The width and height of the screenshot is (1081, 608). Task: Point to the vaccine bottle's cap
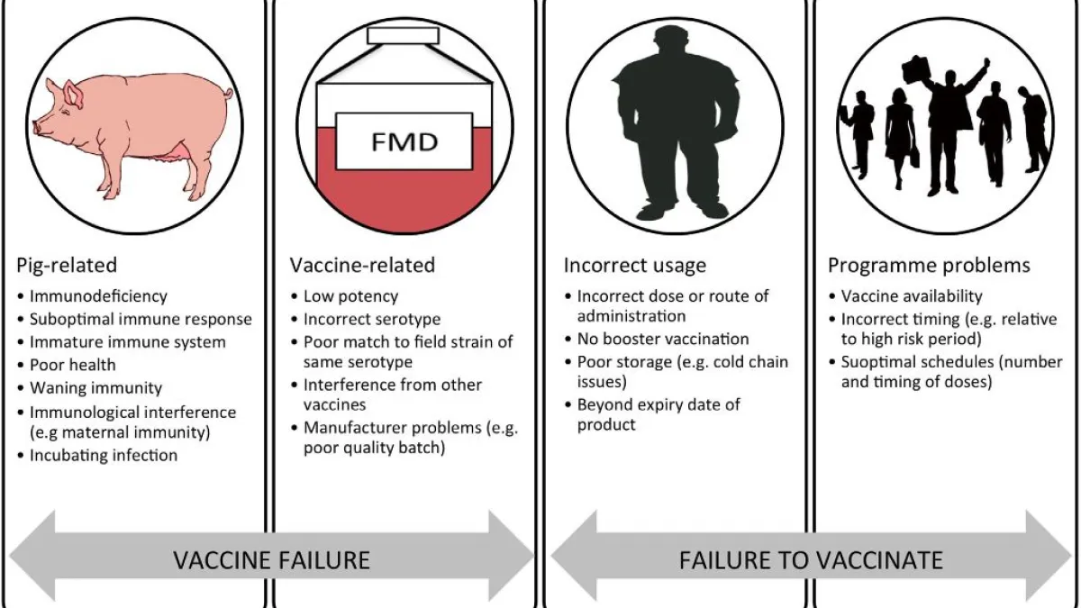point(403,35)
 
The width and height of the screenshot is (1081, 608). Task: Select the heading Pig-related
point(67,265)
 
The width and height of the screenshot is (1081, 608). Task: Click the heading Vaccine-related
point(362,265)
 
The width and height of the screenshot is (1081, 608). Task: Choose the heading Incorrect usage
point(635,265)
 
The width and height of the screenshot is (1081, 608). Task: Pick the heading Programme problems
point(929,265)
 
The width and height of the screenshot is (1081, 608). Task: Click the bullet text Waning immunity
point(95,388)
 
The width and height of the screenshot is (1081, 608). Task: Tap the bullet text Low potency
point(350,295)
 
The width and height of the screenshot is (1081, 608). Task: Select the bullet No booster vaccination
point(663,340)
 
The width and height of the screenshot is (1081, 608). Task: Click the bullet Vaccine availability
point(912,295)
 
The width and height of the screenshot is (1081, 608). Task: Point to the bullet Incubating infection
point(104,455)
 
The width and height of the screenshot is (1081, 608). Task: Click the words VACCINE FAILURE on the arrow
point(271,559)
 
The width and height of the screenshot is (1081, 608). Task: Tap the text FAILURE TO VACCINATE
point(811,559)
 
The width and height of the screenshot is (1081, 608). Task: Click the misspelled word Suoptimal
point(877,363)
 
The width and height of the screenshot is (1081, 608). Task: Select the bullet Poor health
point(73,365)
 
